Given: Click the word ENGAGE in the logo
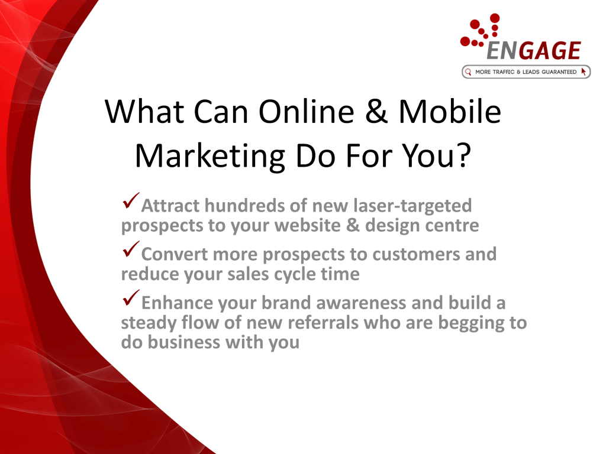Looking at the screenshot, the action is click(533, 51).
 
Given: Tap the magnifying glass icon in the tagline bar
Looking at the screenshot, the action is click(468, 72).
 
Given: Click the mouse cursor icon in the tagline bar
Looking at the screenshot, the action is click(584, 72).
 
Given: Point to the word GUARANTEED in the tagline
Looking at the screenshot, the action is click(559, 72).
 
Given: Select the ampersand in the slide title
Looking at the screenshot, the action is click(376, 111).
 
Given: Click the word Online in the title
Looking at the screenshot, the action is click(306, 111).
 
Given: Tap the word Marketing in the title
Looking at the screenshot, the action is click(210, 156).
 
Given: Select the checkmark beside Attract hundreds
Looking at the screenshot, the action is click(131, 201).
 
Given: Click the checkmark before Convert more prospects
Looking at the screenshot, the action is click(131, 249).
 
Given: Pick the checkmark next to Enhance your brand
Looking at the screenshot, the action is click(131, 298).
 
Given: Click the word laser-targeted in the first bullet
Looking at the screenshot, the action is click(412, 206).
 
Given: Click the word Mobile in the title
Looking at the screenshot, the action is click(450, 111).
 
